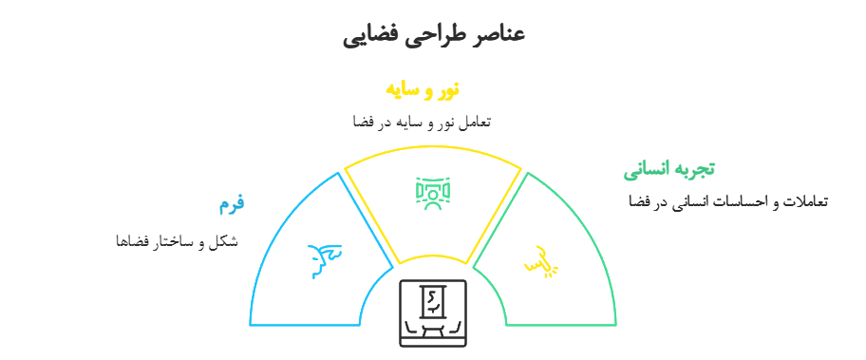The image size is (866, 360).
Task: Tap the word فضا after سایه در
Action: (360, 122)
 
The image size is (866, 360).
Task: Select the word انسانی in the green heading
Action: (646, 170)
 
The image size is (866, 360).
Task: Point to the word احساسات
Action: (740, 201)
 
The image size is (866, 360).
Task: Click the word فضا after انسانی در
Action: (638, 201)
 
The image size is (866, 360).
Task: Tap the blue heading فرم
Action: (232, 202)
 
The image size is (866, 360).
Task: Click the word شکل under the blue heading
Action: (225, 240)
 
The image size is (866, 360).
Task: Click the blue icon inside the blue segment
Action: (325, 258)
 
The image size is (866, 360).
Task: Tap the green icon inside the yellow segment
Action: (433, 191)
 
